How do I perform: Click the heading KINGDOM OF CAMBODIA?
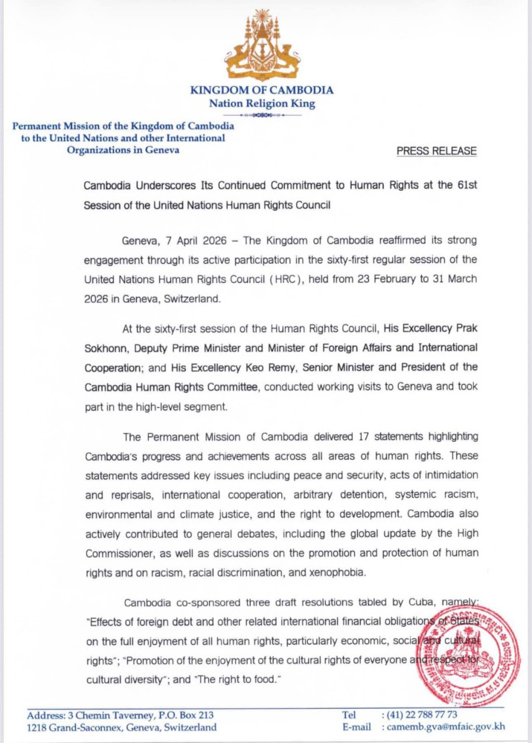pos(262,90)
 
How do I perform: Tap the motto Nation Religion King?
pos(262,104)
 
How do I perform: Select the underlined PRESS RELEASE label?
pos(437,151)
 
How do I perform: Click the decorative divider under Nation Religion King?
pos(262,116)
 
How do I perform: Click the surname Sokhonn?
pos(104,348)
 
